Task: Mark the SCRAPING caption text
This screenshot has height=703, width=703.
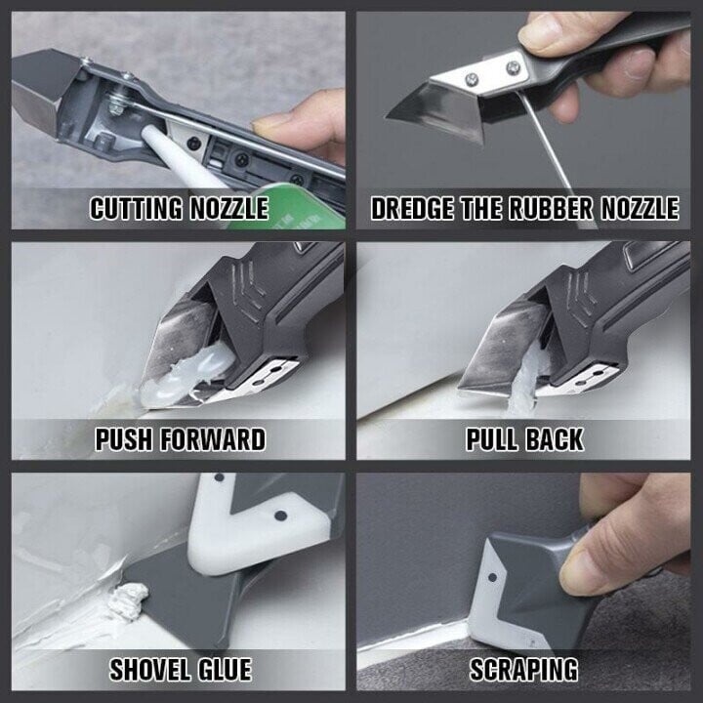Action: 523,670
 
